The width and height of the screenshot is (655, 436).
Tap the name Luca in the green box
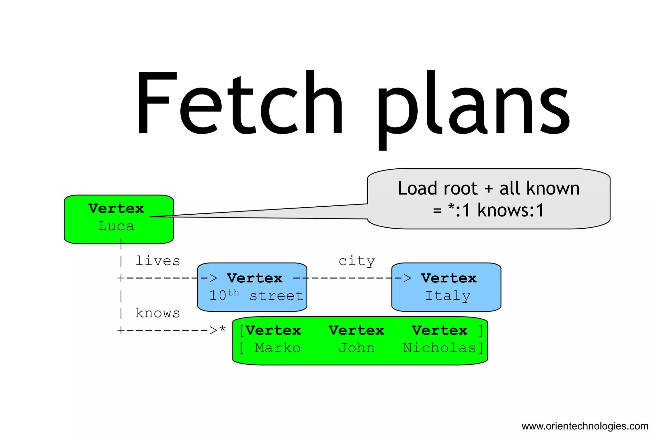[x=116, y=226]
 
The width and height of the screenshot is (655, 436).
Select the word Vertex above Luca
[x=116, y=209]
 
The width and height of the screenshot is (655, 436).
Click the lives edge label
[x=158, y=261]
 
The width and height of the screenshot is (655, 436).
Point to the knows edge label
[x=158, y=313]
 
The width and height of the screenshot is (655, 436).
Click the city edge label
[x=357, y=261]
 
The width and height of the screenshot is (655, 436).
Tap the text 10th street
[x=256, y=295]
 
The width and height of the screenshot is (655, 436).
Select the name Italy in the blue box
[x=448, y=296]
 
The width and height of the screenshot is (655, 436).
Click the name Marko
[x=278, y=348]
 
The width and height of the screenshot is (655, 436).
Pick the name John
[x=357, y=348]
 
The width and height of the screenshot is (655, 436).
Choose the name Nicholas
[x=440, y=348]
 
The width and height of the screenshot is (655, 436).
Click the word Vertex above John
[x=357, y=331]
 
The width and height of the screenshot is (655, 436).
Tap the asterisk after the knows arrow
[x=222, y=329]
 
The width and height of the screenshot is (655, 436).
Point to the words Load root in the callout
[x=438, y=188]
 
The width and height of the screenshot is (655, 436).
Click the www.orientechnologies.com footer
[x=585, y=426]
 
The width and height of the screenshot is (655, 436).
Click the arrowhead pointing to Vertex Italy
[x=407, y=278]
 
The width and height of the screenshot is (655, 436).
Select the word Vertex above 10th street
[x=255, y=278]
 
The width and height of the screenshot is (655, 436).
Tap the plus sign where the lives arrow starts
[x=121, y=278]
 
